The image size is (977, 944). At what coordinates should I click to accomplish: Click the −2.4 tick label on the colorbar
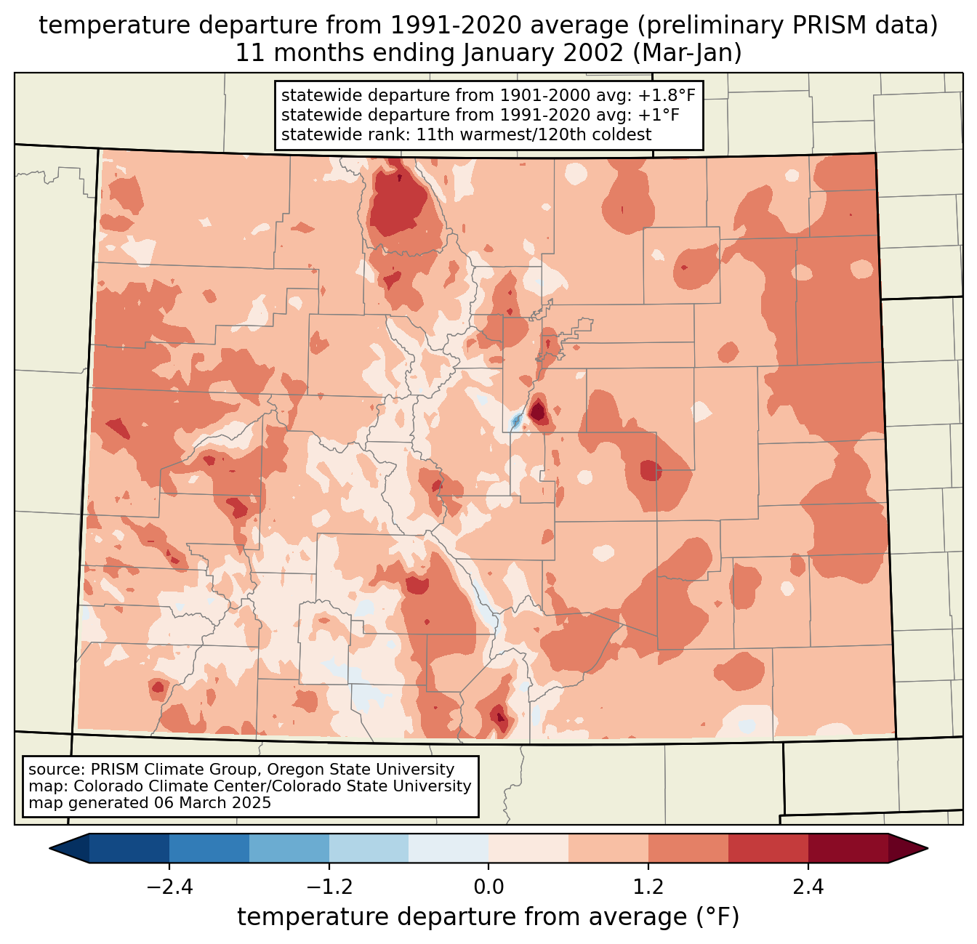[169, 887]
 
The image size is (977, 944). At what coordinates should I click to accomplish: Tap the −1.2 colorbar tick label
[329, 887]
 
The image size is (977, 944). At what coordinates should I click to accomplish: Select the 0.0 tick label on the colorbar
[488, 887]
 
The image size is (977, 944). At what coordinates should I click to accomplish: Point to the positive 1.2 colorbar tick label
[648, 887]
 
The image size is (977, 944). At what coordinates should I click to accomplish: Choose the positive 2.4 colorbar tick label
[808, 887]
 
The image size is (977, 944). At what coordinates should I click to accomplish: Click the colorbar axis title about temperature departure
[488, 917]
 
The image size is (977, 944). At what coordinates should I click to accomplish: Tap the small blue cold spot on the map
[516, 420]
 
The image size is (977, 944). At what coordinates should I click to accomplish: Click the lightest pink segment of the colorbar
[528, 848]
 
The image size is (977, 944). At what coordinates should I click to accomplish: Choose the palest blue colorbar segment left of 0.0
[449, 848]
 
